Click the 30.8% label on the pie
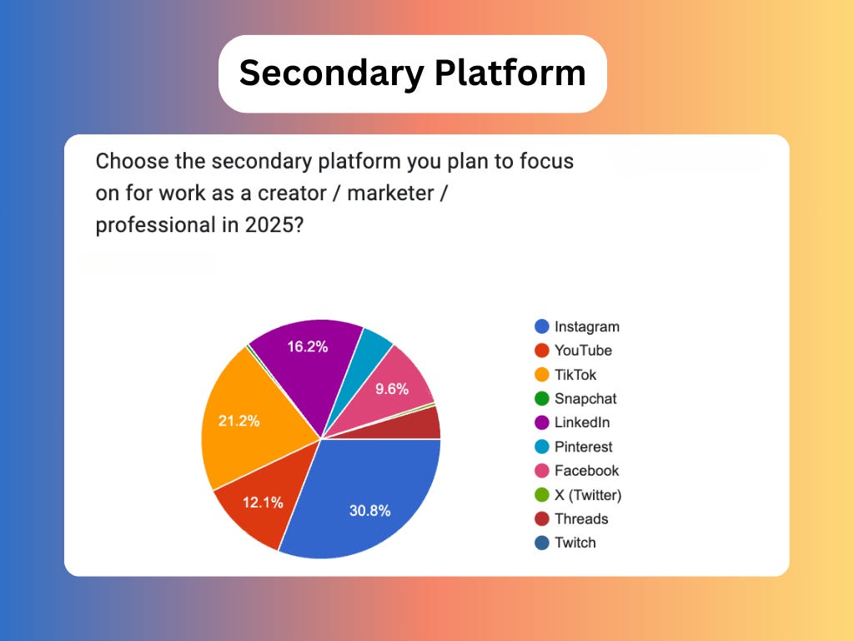[x=369, y=511]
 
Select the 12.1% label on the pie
[x=263, y=502]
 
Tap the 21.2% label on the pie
[x=239, y=421]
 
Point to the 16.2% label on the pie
[x=307, y=346]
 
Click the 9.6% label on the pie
[x=391, y=388]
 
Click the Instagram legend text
[x=586, y=326]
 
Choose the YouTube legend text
[x=583, y=351]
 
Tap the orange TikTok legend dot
[x=541, y=375]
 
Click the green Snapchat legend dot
[x=541, y=399]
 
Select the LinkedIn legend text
[x=582, y=422]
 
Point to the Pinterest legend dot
[x=541, y=447]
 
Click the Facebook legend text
[x=586, y=471]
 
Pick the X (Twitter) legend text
[x=588, y=495]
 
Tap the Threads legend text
[x=581, y=518]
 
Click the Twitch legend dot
[x=541, y=543]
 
